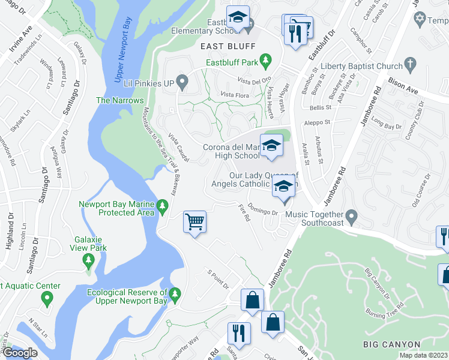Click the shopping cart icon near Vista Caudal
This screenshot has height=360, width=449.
click(195, 222)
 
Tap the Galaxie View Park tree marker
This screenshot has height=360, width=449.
click(89, 260)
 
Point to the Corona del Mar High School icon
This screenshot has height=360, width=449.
click(271, 145)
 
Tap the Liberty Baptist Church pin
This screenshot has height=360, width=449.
click(411, 64)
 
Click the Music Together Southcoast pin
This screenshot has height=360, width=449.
click(352, 215)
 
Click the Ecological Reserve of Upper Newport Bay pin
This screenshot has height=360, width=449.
click(175, 295)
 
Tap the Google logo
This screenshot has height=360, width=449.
click(20, 352)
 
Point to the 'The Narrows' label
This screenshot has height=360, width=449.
click(119, 100)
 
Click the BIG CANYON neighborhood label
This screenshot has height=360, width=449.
click(391, 344)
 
